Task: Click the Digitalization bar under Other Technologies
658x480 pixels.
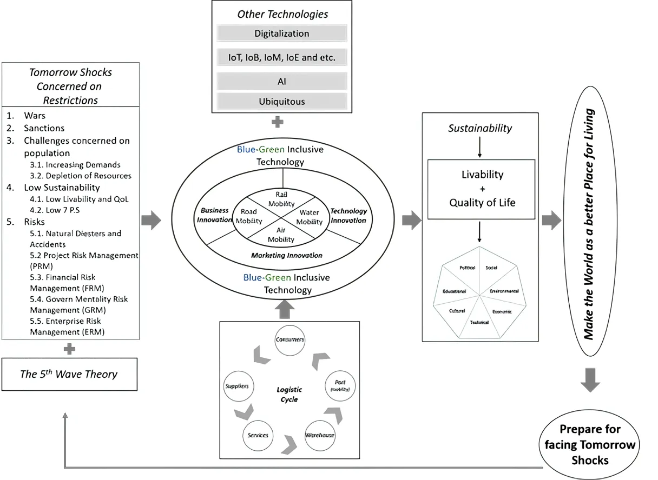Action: point(281,34)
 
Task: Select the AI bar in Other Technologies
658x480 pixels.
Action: point(281,82)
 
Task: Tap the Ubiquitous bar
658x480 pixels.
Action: point(281,101)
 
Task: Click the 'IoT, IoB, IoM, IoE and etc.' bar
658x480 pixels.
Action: point(281,57)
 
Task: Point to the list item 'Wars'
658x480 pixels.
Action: point(35,116)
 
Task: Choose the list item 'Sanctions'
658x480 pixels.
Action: point(44,128)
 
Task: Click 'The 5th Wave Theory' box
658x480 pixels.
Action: point(69,374)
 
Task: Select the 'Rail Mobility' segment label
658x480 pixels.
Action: point(285,199)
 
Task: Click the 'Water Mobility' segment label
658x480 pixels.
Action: point(310,217)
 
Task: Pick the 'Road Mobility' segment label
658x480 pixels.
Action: point(251,217)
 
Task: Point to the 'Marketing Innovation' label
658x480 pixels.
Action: point(286,255)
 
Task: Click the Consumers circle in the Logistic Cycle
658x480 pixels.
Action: point(289,340)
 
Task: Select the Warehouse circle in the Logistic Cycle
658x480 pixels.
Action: point(319,435)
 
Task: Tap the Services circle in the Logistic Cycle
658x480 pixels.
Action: point(258,435)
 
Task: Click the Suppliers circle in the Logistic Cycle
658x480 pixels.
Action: point(236,386)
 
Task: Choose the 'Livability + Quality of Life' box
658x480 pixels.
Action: point(481,189)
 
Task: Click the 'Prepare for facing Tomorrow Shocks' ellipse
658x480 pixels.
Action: point(590,445)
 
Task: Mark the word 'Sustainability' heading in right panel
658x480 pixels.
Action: point(480,128)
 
